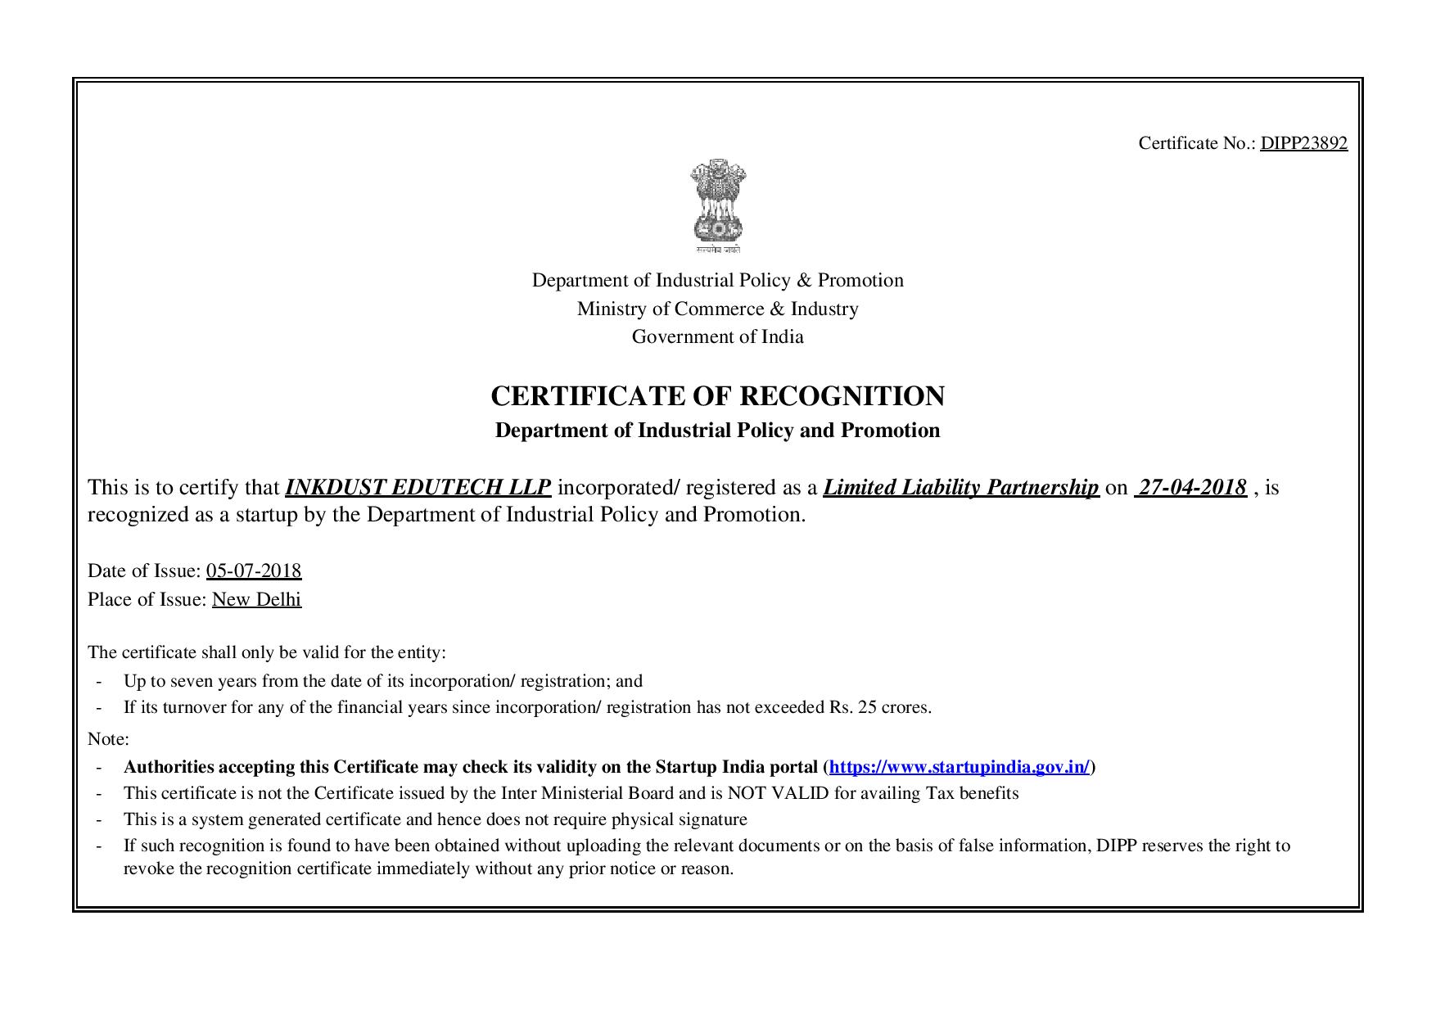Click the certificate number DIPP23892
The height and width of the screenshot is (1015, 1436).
[1303, 143]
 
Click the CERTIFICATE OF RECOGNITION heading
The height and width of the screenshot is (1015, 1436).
[717, 396]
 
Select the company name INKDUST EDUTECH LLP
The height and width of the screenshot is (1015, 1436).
[418, 487]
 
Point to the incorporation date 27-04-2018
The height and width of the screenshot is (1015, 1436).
[1191, 487]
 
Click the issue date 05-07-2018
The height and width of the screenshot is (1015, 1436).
[254, 571]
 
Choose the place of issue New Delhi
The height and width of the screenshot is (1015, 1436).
[256, 599]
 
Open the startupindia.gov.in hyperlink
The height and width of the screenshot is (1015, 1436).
[959, 767]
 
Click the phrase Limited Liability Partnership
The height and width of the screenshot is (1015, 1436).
[960, 487]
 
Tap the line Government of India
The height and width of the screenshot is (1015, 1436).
[717, 336]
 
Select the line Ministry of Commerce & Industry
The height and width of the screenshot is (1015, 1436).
[717, 309]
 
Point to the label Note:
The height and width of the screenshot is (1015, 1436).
[108, 739]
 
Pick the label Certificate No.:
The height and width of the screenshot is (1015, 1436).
[1196, 143]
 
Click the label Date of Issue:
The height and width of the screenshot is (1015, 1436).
[144, 571]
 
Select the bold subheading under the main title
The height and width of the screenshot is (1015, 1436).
[717, 431]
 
